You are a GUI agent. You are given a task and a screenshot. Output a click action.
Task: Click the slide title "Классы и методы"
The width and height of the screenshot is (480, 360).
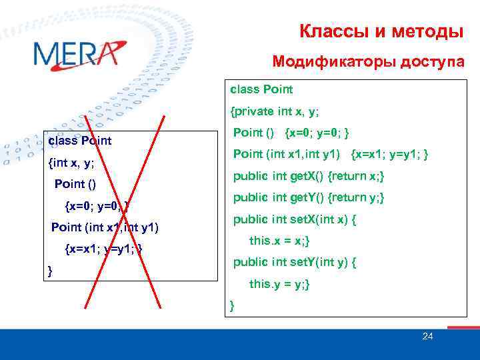[381, 31]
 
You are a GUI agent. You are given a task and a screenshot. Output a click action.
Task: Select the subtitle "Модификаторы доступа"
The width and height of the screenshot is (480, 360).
[369, 62]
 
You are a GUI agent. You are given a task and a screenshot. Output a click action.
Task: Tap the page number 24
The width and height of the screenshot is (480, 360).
[427, 337]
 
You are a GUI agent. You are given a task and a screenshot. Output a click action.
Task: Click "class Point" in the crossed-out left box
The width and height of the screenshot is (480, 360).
[79, 141]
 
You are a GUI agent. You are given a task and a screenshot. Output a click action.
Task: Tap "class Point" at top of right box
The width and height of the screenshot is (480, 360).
[261, 89]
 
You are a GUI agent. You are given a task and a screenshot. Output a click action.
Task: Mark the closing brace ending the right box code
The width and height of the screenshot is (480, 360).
[232, 306]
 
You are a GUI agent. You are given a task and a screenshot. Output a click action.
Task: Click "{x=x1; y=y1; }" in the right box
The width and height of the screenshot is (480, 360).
[389, 155]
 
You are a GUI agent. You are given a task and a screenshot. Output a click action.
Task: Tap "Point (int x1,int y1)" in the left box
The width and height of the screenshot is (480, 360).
[105, 227]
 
